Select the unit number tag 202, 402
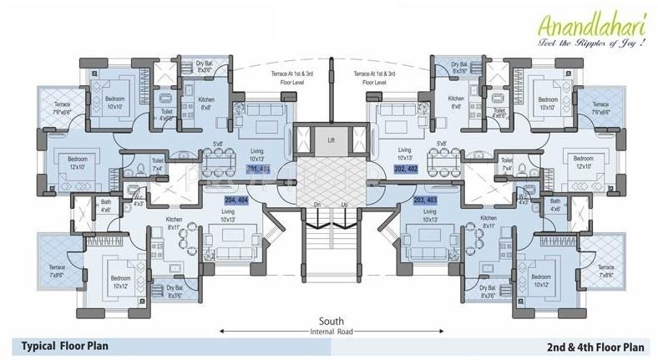(x=409, y=169)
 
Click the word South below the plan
(x=332, y=322)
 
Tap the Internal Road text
(x=332, y=332)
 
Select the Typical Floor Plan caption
(x=65, y=346)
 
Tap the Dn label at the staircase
(x=317, y=205)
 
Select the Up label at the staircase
(x=345, y=205)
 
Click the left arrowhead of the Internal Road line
(x=221, y=332)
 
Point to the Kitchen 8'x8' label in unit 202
(x=456, y=102)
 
